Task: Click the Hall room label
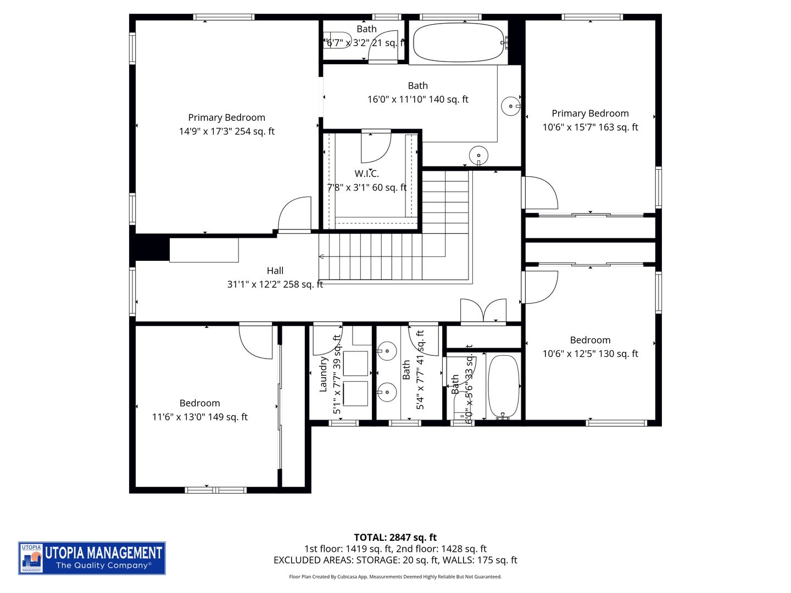[x=275, y=271]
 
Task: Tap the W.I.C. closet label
[x=366, y=174]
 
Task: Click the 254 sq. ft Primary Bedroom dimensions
[x=226, y=131]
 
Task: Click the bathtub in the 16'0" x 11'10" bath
[x=458, y=42]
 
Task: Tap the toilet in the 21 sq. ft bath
[x=338, y=41]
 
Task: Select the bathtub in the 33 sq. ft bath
[x=503, y=386]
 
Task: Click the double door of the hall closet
[x=483, y=311]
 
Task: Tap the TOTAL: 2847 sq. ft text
[x=395, y=538]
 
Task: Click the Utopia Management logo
[x=92, y=558]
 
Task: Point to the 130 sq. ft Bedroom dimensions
[x=590, y=354]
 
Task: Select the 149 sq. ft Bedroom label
[x=199, y=403]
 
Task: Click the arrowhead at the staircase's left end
[x=322, y=256]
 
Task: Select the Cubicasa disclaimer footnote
[x=395, y=577]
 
